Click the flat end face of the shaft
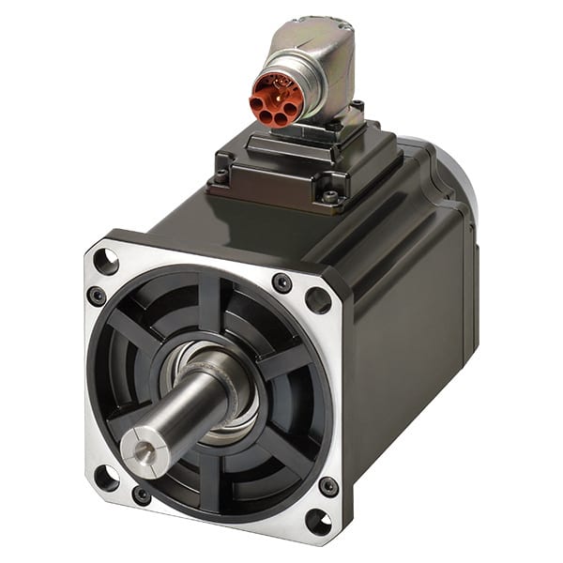[x=143, y=447]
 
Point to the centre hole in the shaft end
[x=142, y=449]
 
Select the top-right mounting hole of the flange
[x=318, y=300]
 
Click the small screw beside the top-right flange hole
[x=281, y=282]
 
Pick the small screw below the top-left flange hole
[x=97, y=297]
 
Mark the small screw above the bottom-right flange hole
[x=328, y=486]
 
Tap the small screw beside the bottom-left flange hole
[x=143, y=495]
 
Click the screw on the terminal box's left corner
[x=221, y=175]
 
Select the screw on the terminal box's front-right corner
[x=329, y=196]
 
